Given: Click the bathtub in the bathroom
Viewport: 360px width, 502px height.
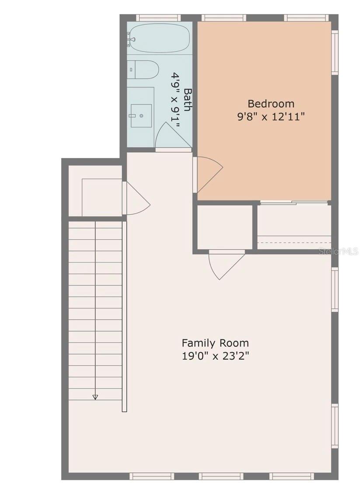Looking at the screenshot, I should (160, 38).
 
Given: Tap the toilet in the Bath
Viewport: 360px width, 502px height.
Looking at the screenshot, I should (144, 70).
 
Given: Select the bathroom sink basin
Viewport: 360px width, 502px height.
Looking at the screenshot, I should (141, 115).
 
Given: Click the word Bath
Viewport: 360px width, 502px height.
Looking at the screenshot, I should (188, 100).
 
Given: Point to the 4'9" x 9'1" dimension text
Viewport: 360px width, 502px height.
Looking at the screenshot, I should (175, 100).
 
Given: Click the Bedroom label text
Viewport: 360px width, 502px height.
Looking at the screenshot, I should (271, 104).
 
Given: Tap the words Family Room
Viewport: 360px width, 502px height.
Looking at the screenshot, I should (215, 342).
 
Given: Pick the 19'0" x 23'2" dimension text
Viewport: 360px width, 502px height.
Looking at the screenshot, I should (215, 356).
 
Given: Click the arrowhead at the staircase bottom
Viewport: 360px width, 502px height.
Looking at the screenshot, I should (95, 397).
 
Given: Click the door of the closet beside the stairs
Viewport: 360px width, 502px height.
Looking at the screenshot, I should (136, 199).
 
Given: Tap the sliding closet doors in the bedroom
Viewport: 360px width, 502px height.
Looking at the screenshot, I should (294, 202).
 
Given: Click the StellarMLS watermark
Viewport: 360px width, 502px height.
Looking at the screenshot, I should (339, 251).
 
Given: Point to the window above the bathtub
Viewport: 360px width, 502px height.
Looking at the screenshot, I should (158, 18).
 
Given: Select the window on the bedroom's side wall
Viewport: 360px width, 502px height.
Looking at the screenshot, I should (335, 52).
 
